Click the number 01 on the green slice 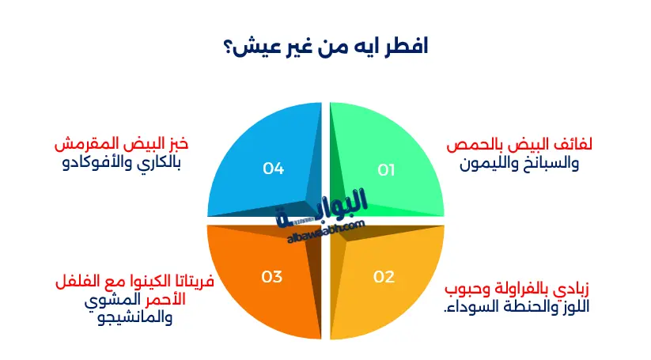(x=386, y=169)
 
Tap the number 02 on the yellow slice (x=384, y=277)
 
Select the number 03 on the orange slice (x=272, y=277)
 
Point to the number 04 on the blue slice (x=274, y=169)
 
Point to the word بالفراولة (x=515, y=287)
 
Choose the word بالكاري (x=161, y=165)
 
